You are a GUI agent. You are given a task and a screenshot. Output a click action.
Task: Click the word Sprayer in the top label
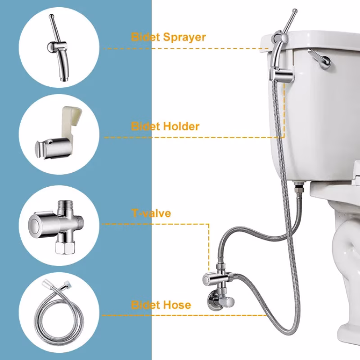(184, 38)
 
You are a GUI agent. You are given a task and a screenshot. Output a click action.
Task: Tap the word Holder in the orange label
(181, 126)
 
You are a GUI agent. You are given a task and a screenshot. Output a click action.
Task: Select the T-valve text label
(152, 213)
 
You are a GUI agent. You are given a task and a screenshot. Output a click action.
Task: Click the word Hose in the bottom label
(177, 305)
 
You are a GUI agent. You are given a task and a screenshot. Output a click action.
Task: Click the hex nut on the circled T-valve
(65, 247)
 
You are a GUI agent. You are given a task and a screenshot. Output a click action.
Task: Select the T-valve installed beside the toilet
(219, 277)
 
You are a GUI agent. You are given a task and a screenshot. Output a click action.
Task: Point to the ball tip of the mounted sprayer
(295, 10)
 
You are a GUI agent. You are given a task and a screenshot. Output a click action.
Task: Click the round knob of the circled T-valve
(35, 223)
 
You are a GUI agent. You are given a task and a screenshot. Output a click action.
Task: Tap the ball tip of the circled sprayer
(51, 17)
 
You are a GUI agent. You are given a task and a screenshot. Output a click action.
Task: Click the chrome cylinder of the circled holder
(53, 148)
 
